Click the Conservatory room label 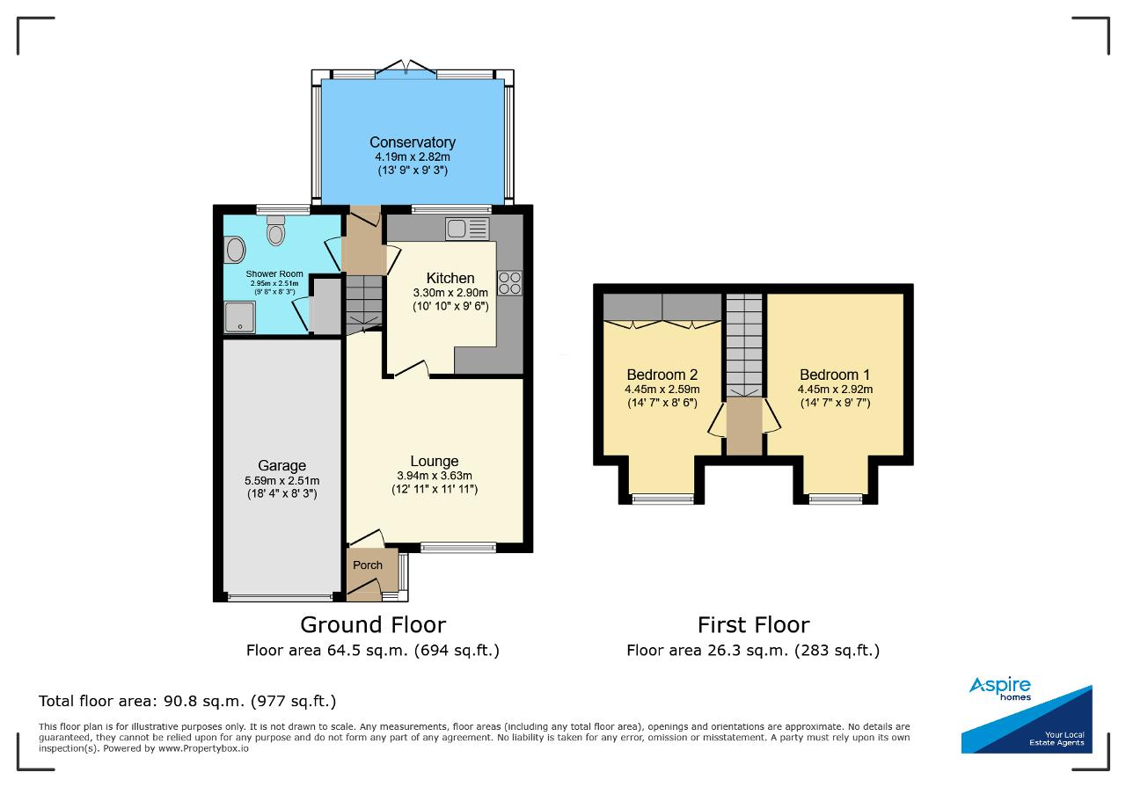413,142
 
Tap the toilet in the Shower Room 275,230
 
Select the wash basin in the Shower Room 235,250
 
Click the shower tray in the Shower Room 239,317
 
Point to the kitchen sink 467,229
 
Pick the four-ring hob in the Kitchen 509,283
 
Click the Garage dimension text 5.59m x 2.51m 282,480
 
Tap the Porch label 368,565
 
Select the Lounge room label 435,461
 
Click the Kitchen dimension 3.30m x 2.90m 450,293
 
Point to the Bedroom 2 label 662,375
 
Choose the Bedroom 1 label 835,375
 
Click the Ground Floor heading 373,624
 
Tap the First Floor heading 754,624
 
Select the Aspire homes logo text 1000,689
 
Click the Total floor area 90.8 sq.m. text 187,701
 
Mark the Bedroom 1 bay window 836,499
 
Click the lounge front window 458,547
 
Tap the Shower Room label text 274,273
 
